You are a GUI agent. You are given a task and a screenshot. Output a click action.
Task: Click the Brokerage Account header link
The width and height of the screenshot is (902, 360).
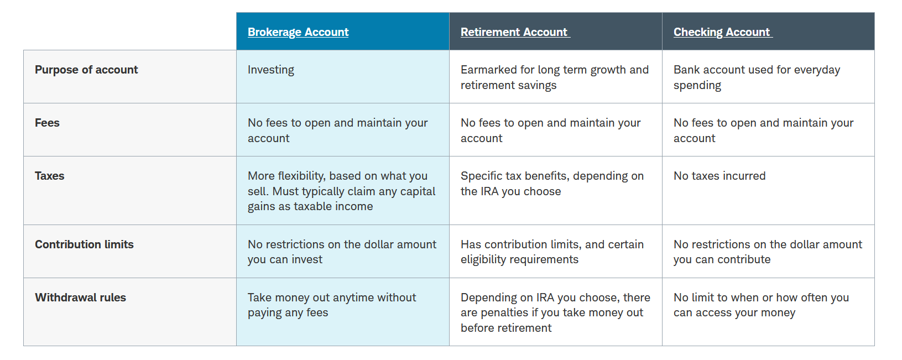(298, 32)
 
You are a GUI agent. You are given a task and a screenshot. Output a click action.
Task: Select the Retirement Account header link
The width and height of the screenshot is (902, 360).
(514, 32)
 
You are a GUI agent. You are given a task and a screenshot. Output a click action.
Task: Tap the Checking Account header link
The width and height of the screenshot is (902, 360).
(722, 32)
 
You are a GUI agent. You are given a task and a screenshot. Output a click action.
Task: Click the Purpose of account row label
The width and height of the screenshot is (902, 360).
(86, 70)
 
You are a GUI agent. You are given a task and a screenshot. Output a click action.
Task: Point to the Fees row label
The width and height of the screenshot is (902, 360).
(47, 123)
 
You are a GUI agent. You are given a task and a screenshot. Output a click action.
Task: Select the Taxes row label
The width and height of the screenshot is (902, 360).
(50, 176)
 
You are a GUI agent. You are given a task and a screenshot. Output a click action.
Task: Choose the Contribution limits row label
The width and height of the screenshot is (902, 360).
(84, 244)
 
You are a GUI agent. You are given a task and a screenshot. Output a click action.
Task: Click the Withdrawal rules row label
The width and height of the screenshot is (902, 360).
(81, 298)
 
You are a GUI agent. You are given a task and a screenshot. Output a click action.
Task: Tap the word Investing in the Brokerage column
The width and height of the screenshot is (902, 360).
(271, 70)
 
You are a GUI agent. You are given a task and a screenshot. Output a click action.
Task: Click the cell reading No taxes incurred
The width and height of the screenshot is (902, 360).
(719, 176)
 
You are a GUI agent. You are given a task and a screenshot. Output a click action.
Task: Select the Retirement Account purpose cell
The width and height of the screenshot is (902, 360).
(555, 77)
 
